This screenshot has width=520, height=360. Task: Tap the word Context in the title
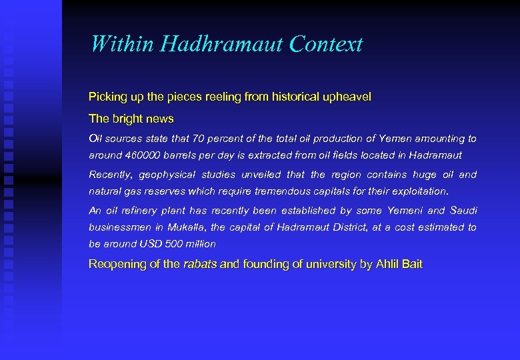click(327, 44)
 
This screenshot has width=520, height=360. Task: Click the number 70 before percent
click(198, 139)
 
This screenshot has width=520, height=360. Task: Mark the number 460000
click(143, 155)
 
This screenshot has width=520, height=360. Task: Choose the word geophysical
click(169, 175)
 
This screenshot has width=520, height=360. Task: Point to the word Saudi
click(464, 211)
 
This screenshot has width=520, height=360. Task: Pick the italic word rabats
click(200, 265)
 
